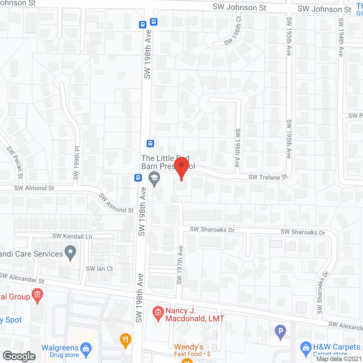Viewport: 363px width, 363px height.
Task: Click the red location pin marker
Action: coord(181,167)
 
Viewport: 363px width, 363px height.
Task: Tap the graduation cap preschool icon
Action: coord(154,178)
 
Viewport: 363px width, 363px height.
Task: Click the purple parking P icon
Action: coord(280,332)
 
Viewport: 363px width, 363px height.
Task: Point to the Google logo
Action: coord(19,356)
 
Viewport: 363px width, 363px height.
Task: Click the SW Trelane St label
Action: coord(268,177)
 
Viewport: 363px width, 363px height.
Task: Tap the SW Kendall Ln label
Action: coord(72,236)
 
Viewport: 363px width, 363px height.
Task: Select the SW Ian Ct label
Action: coord(99,269)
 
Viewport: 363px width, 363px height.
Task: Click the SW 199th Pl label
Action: coord(77,163)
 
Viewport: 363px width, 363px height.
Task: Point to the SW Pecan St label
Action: coord(15,162)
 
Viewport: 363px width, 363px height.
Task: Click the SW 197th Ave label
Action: coord(180,265)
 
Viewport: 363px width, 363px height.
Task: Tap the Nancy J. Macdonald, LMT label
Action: coord(195,315)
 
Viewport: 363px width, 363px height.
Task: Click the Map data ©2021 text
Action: coord(339,359)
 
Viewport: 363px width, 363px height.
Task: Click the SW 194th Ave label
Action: coord(341,37)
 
